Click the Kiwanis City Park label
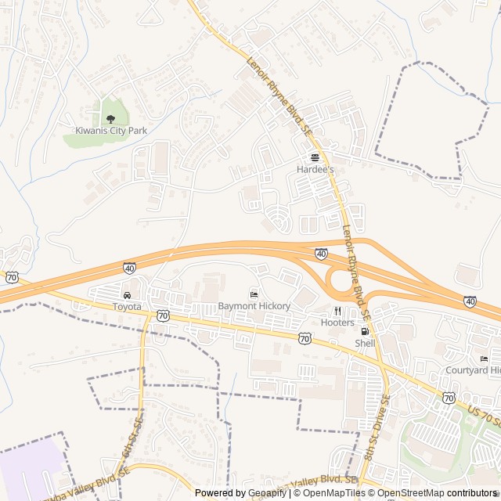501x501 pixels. tap(111, 131)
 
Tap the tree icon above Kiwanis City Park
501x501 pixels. tap(110, 118)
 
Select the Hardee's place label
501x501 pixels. tap(315, 169)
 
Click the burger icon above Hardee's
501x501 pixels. tap(315, 157)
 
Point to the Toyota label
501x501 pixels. tap(127, 307)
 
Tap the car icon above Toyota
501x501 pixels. tap(127, 295)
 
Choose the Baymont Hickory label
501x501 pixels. tap(254, 306)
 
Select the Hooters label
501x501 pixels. tap(337, 323)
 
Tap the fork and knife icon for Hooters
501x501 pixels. tap(337, 311)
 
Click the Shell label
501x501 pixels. tap(365, 343)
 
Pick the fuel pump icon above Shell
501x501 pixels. tap(365, 331)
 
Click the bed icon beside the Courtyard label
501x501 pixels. tap(484, 359)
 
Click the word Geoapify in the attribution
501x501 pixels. tap(269, 493)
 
